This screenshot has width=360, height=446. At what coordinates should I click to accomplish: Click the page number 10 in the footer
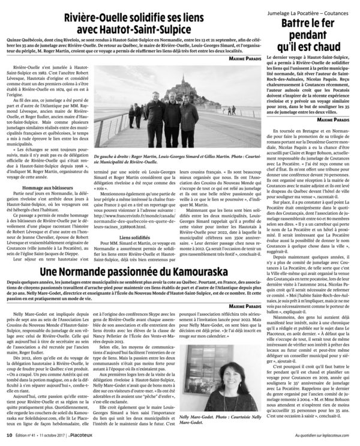pos(9,436)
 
